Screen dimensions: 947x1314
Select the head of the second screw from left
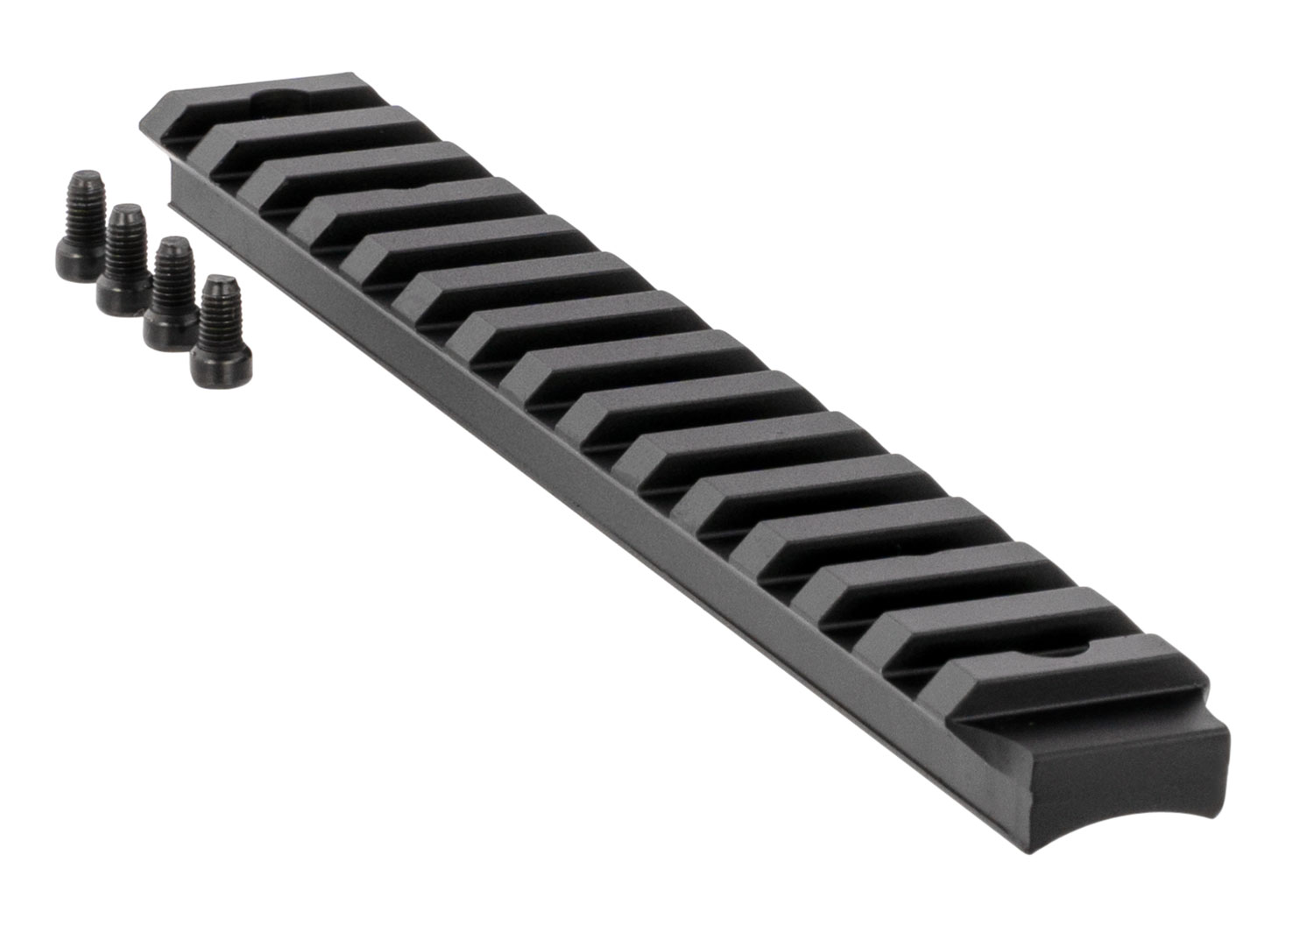pyautogui.click(x=122, y=294)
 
